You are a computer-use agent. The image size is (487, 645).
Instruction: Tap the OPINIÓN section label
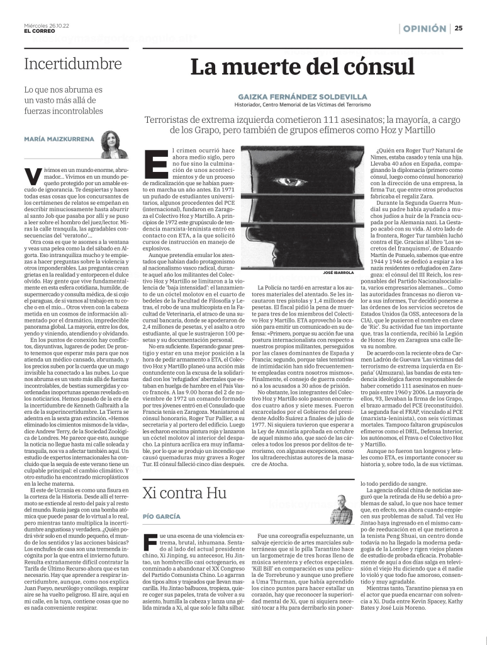pos(425,28)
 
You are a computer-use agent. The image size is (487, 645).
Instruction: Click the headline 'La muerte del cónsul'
pos(303,67)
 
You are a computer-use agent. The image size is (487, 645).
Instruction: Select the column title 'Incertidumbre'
pos(73,64)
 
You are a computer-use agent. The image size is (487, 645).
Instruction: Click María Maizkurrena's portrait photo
pos(111,145)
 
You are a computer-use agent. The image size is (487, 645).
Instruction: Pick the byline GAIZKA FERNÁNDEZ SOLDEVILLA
pos(303,96)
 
